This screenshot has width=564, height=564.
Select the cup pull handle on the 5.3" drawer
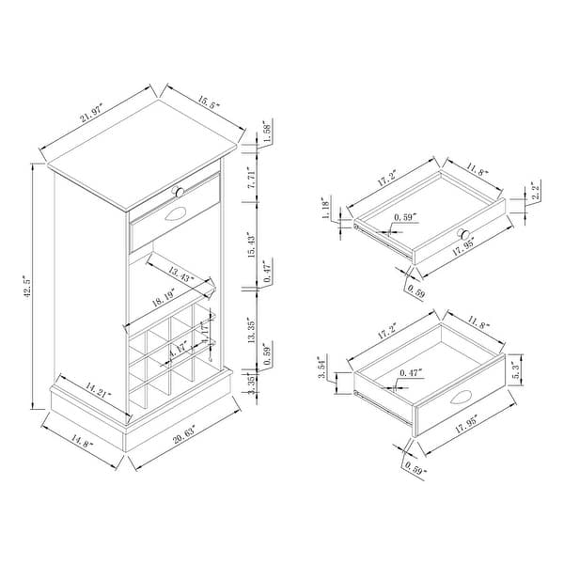(x=460, y=399)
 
